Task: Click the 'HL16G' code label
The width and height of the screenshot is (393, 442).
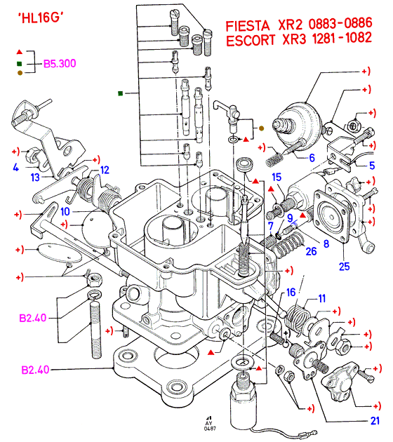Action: pyautogui.click(x=41, y=18)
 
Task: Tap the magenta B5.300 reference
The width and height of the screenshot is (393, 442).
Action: pyautogui.click(x=60, y=64)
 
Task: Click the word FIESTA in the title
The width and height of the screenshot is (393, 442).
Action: pyautogui.click(x=248, y=26)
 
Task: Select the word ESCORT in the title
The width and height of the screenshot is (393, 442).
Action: pyautogui.click(x=251, y=40)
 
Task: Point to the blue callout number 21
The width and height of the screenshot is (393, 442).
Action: pyautogui.click(x=375, y=421)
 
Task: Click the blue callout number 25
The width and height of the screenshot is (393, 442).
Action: pyautogui.click(x=344, y=267)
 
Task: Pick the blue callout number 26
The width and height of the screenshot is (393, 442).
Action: pyautogui.click(x=312, y=251)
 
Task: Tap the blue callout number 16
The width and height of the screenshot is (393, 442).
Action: pyautogui.click(x=291, y=293)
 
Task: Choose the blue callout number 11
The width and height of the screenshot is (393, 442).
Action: pyautogui.click(x=322, y=298)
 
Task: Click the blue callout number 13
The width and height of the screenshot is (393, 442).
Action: pyautogui.click(x=35, y=178)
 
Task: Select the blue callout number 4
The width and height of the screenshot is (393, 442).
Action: pyautogui.click(x=15, y=168)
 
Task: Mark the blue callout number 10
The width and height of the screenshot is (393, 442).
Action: pyautogui.click(x=65, y=211)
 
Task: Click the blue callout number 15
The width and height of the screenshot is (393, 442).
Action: pyautogui.click(x=277, y=177)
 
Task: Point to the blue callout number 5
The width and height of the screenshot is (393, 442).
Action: pyautogui.click(x=372, y=166)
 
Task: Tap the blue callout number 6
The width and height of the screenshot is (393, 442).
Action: pyautogui.click(x=312, y=158)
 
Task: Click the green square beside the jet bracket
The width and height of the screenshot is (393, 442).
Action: pyautogui.click(x=121, y=93)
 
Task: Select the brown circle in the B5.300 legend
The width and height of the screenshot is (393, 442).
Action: pyautogui.click(x=20, y=73)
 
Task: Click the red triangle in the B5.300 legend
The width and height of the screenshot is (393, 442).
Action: pyautogui.click(x=19, y=52)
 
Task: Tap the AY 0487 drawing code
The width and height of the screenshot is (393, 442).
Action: pyautogui.click(x=209, y=424)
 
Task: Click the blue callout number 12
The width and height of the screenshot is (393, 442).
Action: pyautogui.click(x=105, y=170)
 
